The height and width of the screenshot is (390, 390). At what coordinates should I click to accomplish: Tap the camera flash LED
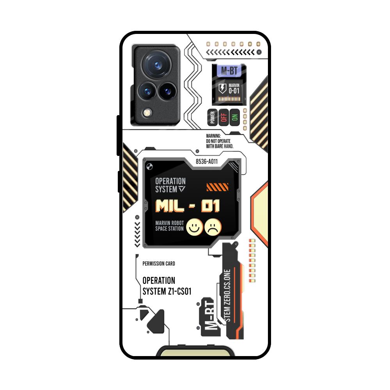pos(147,113)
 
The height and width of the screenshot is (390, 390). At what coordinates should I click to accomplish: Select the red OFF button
pos(223,117)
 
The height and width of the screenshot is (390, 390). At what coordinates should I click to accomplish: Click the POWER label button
pos(213,117)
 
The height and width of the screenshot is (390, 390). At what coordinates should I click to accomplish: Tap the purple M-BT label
pos(229,71)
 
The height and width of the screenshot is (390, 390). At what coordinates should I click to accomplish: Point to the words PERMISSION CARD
pos(159,264)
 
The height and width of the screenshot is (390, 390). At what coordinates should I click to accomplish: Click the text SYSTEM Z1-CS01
pos(167,291)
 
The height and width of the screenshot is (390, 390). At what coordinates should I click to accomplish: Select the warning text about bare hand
pos(219,141)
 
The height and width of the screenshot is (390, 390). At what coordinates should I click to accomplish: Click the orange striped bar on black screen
pos(217,187)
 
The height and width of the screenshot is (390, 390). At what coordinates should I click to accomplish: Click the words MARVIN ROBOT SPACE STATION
pos(169,226)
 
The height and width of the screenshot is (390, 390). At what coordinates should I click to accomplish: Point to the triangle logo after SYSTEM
pos(182,190)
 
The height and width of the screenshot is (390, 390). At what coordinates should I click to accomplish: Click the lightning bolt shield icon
pos(222,88)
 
